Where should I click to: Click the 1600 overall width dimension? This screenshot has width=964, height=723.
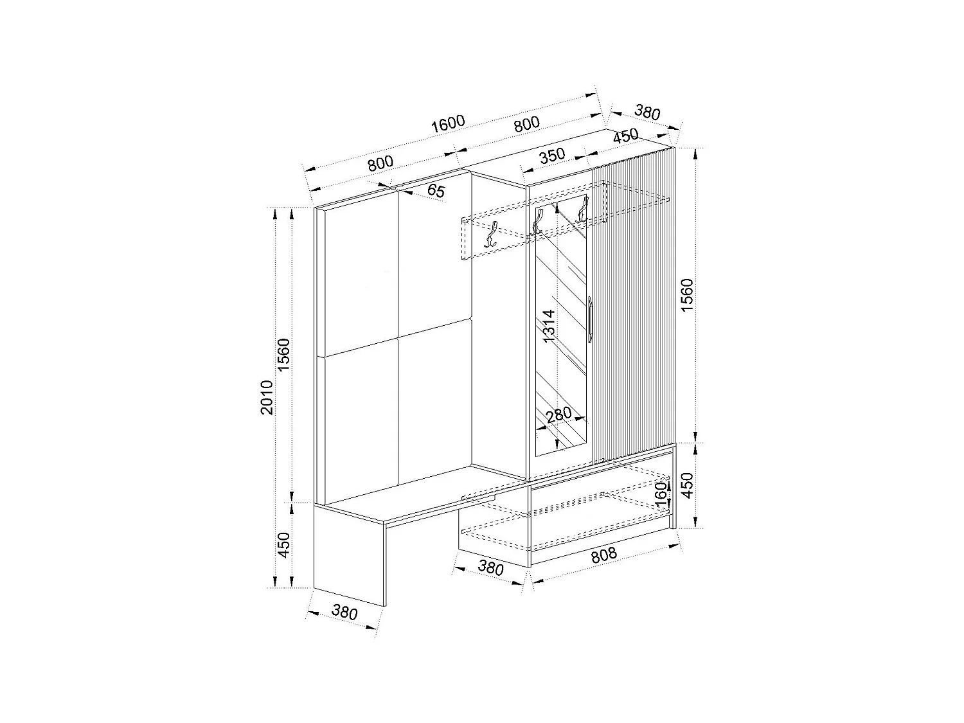pos(447,123)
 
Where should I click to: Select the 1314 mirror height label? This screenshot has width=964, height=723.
pos(548,326)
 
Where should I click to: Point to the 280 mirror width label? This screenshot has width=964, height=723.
pos(558,415)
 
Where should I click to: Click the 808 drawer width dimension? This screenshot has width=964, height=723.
pos(603,555)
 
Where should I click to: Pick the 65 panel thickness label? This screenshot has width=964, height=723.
pos(436,190)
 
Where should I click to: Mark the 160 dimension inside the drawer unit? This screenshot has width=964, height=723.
pos(660,494)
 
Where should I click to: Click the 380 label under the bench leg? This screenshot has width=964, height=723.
pos(344,612)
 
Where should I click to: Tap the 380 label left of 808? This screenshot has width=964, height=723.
pos(490,568)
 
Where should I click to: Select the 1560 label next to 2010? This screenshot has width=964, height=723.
pos(285,355)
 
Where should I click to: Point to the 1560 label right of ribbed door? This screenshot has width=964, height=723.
pos(687,295)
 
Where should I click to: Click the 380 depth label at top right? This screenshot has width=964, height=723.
pos(647,113)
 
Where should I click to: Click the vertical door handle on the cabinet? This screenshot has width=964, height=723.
pos(589,317)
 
